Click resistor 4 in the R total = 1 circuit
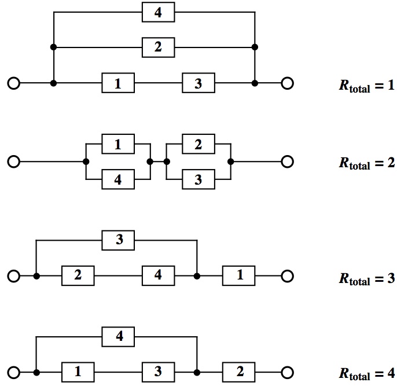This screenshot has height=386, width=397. point(158,13)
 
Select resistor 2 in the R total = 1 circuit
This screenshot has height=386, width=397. point(158,47)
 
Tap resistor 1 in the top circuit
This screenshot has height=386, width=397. point(118,83)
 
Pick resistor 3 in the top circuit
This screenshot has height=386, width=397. point(198,83)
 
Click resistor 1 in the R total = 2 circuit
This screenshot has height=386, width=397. point(118,145)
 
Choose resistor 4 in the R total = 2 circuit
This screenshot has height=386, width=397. point(118,180)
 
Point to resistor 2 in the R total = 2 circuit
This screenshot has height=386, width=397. point(198,145)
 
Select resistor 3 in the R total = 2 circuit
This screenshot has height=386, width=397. point(198,180)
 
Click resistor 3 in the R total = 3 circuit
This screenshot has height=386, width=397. point(119,240)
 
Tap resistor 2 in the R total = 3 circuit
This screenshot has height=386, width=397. point(78,276)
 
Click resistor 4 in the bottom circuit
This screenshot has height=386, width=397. point(119,336)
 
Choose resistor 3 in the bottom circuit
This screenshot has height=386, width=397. point(158,372)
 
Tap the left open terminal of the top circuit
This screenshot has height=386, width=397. point(13,83)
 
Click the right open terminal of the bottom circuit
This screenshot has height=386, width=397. point(287,372)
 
